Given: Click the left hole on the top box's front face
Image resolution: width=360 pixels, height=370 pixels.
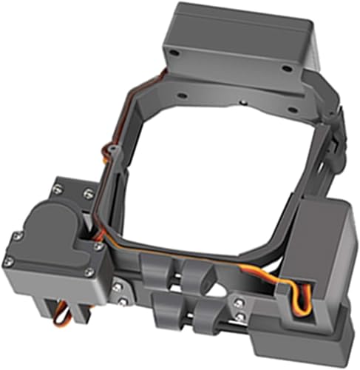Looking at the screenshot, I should [174, 54].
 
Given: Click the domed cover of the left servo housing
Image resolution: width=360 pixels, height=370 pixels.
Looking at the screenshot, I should [48, 226].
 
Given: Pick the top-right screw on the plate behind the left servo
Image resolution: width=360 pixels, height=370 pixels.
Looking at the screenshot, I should [89, 193].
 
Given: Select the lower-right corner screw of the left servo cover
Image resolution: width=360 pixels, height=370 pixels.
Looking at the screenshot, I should [89, 272].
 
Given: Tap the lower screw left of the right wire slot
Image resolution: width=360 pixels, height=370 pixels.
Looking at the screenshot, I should [240, 317].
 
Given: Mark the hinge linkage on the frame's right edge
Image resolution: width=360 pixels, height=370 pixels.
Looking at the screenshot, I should [333, 141].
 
